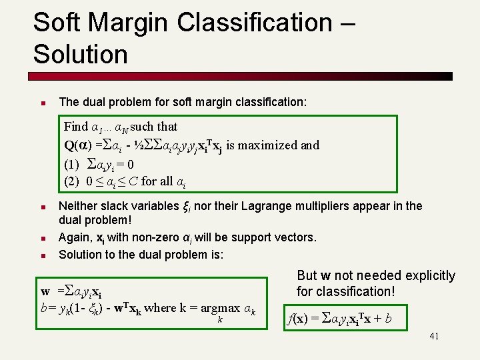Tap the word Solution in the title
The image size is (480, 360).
coord(80,55)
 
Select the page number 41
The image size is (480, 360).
coord(433,337)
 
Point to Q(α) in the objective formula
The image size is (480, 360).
coord(79,145)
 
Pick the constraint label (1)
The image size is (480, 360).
coord(71,163)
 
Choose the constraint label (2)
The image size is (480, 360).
coord(71,181)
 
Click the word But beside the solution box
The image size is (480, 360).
coord(307,275)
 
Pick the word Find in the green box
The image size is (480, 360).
coord(76,127)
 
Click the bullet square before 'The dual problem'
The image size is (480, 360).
coord(41,103)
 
